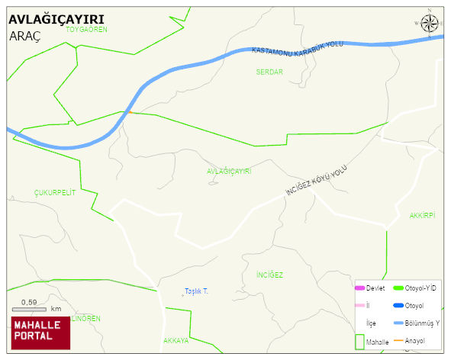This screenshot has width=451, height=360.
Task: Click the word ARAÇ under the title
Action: [x=25, y=36]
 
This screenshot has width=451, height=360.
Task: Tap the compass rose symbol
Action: [x=431, y=24]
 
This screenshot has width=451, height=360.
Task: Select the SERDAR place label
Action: [x=269, y=72]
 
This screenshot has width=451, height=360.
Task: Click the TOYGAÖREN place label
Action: [x=86, y=30]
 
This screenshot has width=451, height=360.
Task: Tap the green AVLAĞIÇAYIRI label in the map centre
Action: [x=229, y=172]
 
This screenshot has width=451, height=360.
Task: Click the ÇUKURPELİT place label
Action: [x=55, y=193]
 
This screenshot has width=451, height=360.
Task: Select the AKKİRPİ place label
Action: [x=422, y=216]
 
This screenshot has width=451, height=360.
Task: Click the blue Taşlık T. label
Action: [x=196, y=292]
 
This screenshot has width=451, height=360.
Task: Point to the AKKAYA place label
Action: [x=176, y=340]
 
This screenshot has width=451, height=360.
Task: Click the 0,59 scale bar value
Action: [x=29, y=303]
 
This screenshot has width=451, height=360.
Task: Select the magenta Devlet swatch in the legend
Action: [x=359, y=288]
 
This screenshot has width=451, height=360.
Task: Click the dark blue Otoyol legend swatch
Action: [x=398, y=305]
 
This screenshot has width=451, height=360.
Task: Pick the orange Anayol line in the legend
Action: [x=398, y=340]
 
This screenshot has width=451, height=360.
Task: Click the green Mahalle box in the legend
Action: [x=359, y=340]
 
